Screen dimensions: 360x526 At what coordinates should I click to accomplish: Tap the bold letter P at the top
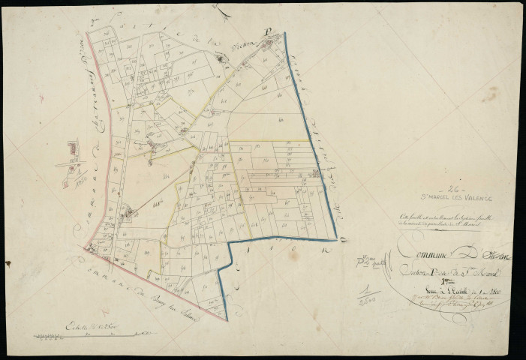tap(266, 44)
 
